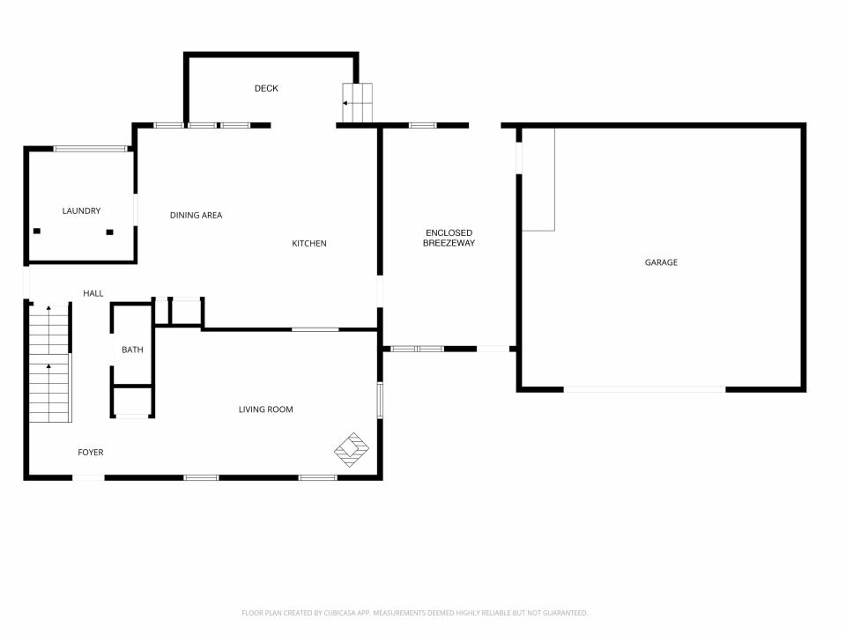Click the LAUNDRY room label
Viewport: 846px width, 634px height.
click(x=81, y=210)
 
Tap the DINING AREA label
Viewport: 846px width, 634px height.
click(x=196, y=215)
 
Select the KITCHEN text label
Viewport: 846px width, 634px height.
click(x=309, y=244)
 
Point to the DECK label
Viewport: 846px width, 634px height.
click(x=266, y=88)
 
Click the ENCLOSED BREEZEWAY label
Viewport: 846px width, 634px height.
click(x=449, y=238)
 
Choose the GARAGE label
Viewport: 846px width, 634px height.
click(x=661, y=262)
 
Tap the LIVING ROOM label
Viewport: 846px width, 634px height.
click(x=266, y=409)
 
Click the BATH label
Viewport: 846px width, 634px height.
click(x=132, y=350)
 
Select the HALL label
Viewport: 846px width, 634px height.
click(x=93, y=293)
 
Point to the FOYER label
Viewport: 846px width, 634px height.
click(x=91, y=453)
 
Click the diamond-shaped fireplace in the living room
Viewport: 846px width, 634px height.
click(x=352, y=450)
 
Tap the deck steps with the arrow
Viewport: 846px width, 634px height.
click(x=357, y=103)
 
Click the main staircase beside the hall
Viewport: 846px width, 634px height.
click(x=49, y=364)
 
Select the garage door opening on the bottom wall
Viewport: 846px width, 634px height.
click(x=645, y=388)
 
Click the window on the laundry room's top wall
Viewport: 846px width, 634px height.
click(x=90, y=149)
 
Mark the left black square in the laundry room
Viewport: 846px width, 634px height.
click(x=37, y=232)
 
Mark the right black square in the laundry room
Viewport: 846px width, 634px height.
click(x=109, y=232)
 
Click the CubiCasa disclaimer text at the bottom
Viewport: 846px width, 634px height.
click(x=414, y=613)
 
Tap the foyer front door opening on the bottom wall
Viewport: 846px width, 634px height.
click(x=88, y=477)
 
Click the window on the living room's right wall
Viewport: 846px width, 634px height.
click(x=380, y=400)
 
